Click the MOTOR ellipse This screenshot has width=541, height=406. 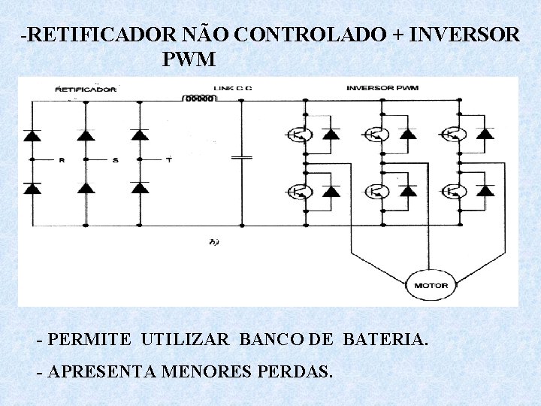click(431, 285)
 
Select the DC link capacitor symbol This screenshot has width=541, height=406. click(242, 158)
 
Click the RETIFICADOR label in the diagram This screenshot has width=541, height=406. click(86, 89)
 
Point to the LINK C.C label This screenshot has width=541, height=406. click(233, 89)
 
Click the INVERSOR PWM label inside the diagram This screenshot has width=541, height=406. click(382, 88)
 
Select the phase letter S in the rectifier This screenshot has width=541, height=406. click(115, 160)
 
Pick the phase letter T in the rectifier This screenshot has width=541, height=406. click(168, 160)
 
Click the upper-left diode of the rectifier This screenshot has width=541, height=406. click(32, 135)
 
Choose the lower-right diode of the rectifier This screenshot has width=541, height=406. click(140, 187)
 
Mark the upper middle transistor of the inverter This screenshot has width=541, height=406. click(376, 135)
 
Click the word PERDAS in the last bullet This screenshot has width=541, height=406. click(297, 371)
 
